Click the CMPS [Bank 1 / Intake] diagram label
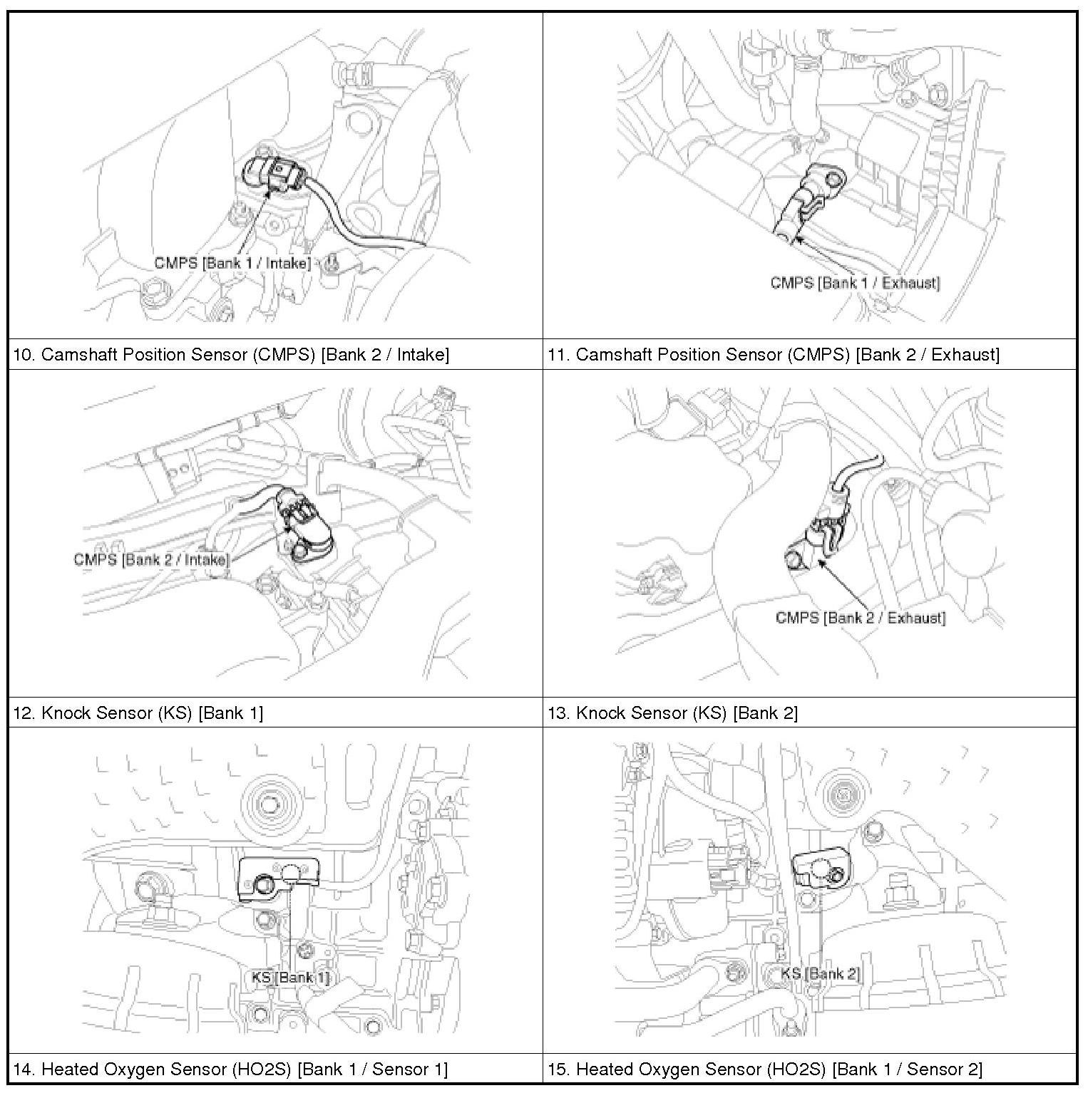pyautogui.click(x=232, y=264)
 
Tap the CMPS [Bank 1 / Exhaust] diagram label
pyautogui.click(x=855, y=283)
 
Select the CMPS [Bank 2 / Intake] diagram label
pyautogui.click(x=151, y=559)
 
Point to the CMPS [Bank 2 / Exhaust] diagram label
pyautogui.click(x=860, y=618)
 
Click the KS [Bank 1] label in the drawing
pyautogui.click(x=291, y=978)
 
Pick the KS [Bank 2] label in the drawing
pyautogui.click(x=821, y=973)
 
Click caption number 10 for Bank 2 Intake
pyautogui.click(x=24, y=354)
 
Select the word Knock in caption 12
pyautogui.click(x=70, y=713)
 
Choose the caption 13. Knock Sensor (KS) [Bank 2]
pyautogui.click(x=672, y=713)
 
